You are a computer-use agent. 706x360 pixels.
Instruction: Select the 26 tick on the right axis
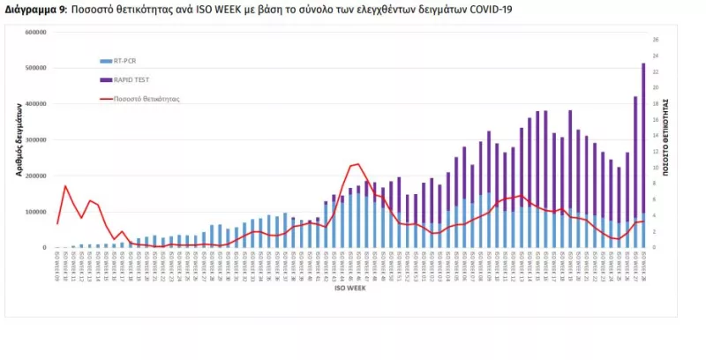(x=656, y=40)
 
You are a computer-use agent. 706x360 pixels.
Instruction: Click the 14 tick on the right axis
(x=656, y=136)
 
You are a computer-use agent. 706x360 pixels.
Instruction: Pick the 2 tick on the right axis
(x=655, y=232)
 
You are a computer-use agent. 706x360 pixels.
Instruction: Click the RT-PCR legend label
(x=124, y=61)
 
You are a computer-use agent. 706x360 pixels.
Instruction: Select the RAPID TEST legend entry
(x=131, y=79)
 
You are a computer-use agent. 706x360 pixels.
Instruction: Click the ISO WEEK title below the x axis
(x=345, y=287)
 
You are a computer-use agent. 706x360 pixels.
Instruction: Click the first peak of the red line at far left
(x=65, y=185)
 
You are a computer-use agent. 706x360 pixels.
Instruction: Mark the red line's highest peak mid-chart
(x=356, y=164)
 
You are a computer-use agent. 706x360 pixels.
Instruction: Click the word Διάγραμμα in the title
(x=29, y=9)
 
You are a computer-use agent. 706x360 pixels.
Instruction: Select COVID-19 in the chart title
(x=487, y=9)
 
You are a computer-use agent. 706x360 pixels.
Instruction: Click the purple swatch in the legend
(x=104, y=79)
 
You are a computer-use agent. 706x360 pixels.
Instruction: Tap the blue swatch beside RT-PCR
(x=104, y=61)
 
